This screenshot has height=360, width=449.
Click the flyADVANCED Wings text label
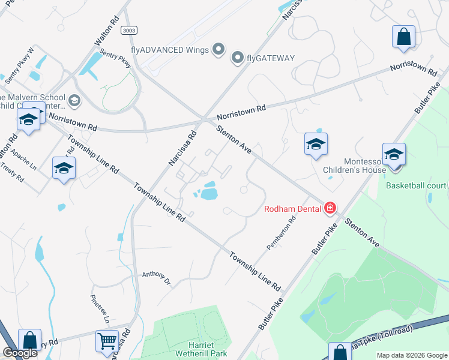[169, 49]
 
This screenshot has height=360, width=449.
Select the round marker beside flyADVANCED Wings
[219, 49]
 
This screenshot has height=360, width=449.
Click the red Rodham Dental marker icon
[330, 208]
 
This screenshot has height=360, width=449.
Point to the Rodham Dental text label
[294, 209]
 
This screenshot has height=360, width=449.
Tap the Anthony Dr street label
[156, 278]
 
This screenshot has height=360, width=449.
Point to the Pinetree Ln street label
[99, 309]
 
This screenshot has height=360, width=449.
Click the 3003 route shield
[128, 30]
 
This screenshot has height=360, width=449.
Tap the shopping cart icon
[107, 341]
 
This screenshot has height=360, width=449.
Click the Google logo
[20, 353]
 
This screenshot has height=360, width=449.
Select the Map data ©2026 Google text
[412, 355]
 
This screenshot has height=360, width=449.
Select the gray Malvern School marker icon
[74, 100]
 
